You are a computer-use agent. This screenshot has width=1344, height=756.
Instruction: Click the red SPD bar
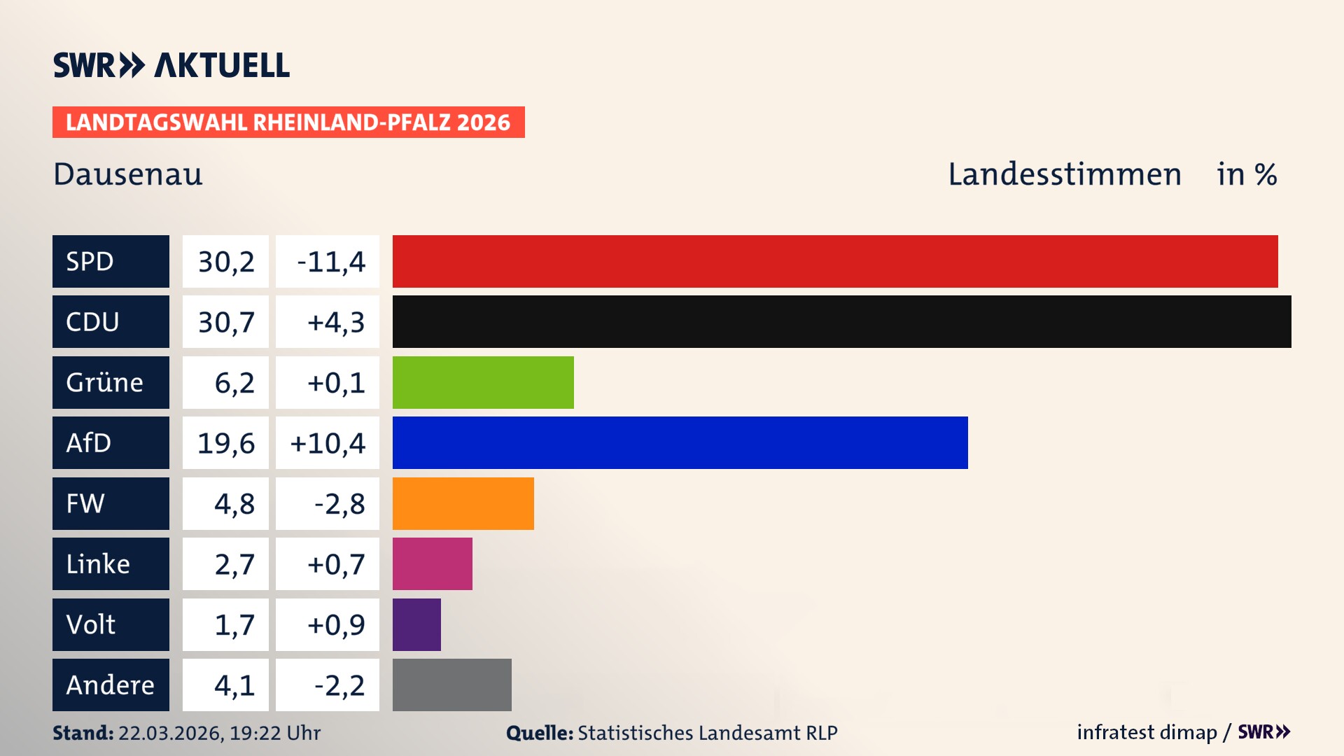coord(834,261)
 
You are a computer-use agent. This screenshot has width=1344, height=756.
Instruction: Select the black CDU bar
coord(841,321)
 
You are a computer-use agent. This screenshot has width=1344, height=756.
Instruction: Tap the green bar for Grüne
coord(483,382)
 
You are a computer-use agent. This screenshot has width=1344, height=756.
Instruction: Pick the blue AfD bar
coord(680,442)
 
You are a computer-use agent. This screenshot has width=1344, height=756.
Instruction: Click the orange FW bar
coord(463,503)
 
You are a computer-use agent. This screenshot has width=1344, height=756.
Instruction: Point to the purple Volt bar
coord(416,624)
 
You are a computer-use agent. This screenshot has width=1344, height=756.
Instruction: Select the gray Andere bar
coord(451,685)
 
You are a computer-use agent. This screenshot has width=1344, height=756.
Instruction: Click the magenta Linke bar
coord(432,563)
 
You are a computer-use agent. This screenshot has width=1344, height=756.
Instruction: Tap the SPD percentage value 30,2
coord(225,262)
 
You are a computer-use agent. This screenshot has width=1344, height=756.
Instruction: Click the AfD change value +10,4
coord(328,443)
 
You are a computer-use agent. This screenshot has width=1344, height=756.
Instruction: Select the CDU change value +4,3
coord(335,322)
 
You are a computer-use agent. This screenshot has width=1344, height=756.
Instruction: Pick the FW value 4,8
coord(234,504)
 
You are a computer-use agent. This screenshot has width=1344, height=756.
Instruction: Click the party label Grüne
coord(105,382)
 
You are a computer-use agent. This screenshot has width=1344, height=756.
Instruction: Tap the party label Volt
coord(91,624)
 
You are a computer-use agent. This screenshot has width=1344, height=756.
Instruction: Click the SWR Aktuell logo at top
coord(171,65)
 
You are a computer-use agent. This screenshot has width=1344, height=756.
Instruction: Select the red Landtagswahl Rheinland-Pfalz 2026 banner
coord(288,122)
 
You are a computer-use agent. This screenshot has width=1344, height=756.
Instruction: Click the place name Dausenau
coord(128,174)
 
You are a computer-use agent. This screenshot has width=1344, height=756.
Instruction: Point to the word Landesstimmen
coord(1064,174)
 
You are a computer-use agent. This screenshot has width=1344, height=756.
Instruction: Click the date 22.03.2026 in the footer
coord(170,733)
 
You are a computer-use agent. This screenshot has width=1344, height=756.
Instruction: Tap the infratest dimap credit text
coord(1147,732)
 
